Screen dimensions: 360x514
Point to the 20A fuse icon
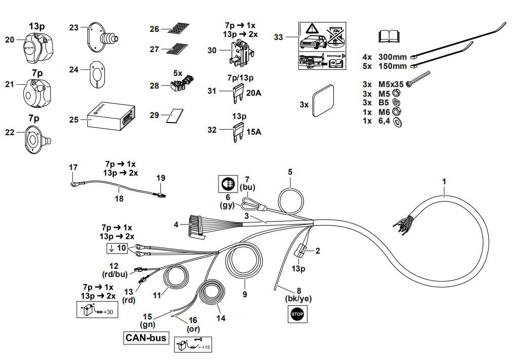(237, 92)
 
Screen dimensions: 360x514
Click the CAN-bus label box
(146, 338)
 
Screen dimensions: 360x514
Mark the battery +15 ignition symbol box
(193, 345)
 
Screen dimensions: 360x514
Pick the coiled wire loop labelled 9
(244, 262)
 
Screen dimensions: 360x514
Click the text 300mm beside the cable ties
(393, 57)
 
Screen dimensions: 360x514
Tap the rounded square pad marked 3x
(323, 101)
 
